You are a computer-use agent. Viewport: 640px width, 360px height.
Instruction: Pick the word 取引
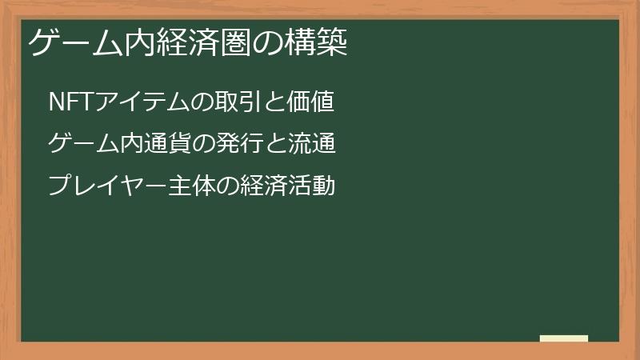tap(233, 102)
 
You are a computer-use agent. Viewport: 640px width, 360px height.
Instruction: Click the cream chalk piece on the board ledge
tap(563, 338)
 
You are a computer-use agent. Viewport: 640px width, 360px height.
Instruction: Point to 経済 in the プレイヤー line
tap(253, 187)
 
